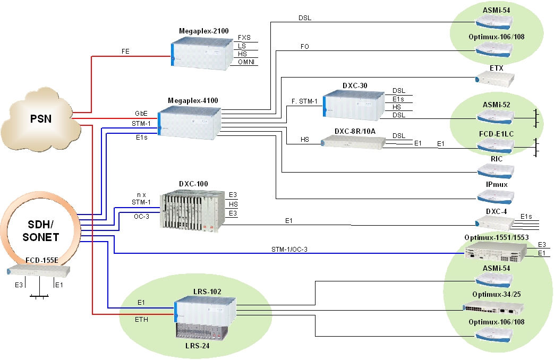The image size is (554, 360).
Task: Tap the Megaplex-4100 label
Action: [x=193, y=100]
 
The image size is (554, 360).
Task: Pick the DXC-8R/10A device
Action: [x=354, y=141]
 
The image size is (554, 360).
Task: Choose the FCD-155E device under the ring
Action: [x=39, y=271]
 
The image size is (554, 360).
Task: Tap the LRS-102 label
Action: [x=208, y=292]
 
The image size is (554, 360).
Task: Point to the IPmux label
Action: [x=497, y=184]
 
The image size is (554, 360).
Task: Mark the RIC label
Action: [x=497, y=158]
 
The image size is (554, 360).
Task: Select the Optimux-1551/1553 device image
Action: [x=496, y=252]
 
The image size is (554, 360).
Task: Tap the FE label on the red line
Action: [x=125, y=52]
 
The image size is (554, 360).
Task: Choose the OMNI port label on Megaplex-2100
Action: [x=246, y=63]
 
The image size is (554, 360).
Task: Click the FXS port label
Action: [x=244, y=38]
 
